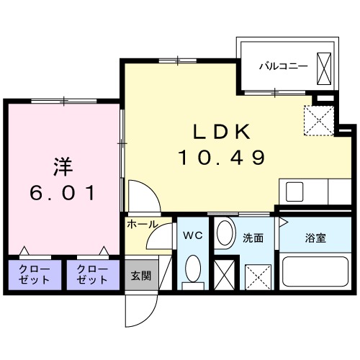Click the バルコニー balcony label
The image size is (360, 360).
click(x=284, y=66)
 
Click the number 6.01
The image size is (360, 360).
click(x=63, y=192)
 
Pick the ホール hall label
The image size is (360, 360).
click(x=143, y=225)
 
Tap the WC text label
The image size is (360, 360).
click(x=191, y=235)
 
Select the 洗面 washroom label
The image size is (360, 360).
click(x=252, y=237)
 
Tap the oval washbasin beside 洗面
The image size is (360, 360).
click(x=225, y=235)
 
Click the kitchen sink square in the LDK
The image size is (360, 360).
click(x=295, y=192)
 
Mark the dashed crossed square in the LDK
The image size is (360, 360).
click(x=318, y=120)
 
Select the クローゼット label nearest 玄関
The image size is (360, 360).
click(x=91, y=274)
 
